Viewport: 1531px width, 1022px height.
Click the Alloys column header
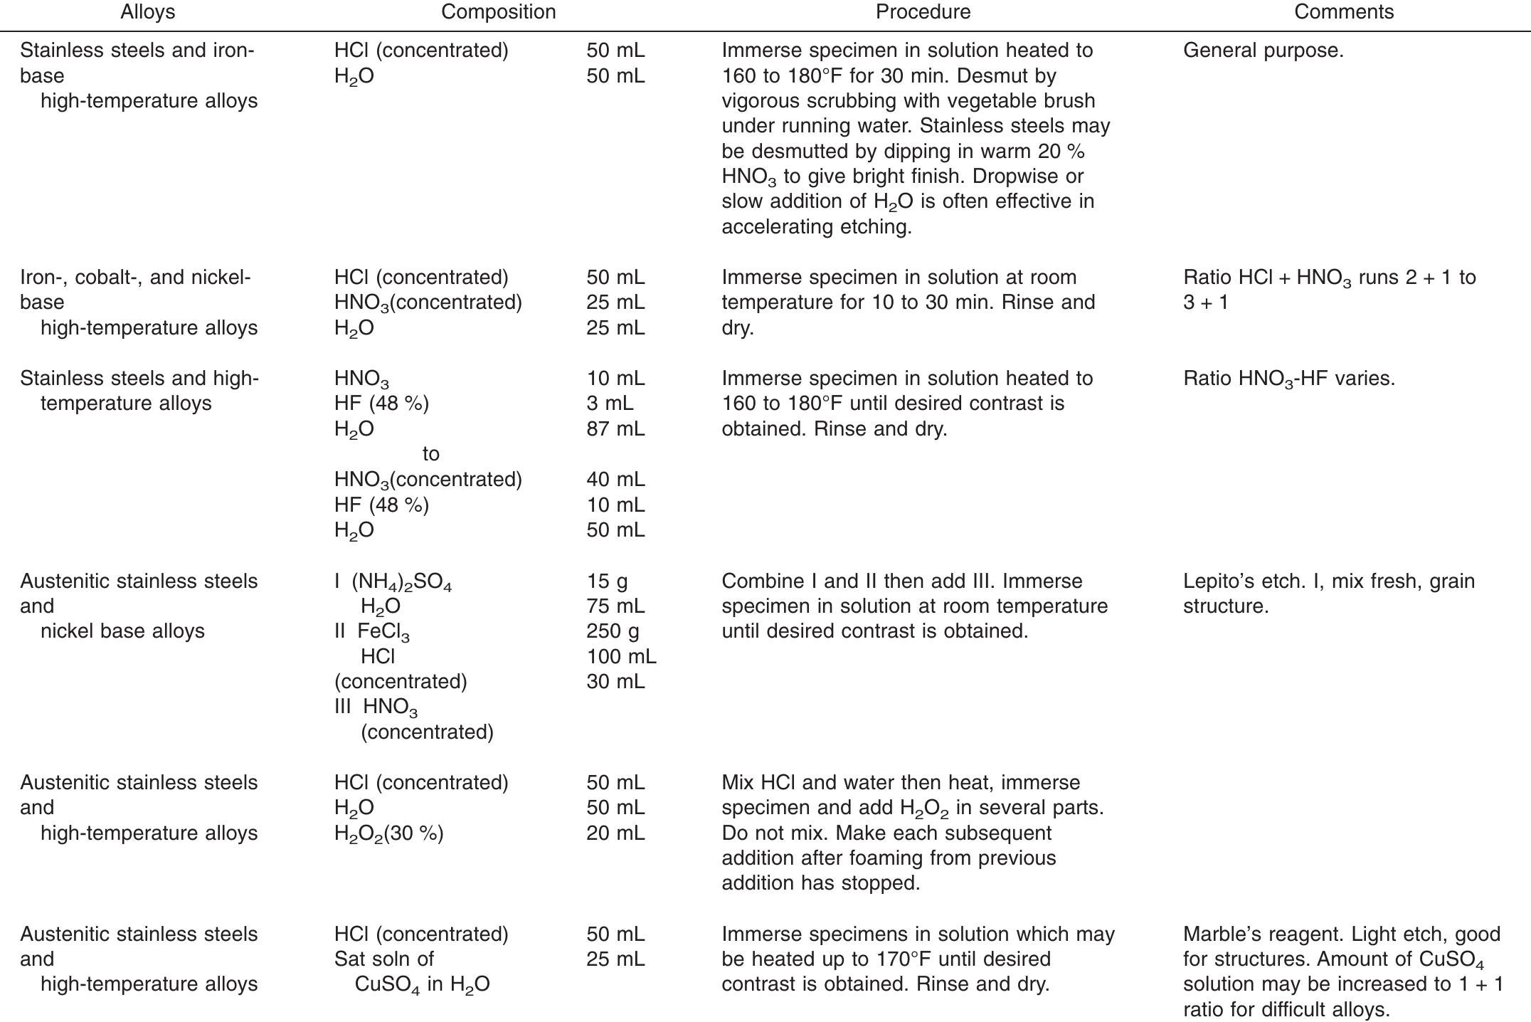pos(147,12)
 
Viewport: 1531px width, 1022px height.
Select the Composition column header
pos(498,12)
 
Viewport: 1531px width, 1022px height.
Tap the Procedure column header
pos(923,12)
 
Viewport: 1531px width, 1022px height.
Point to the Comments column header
pos(1343,12)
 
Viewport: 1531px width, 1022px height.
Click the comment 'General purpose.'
pos(1263,51)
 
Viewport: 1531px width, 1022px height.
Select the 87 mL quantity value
pos(615,428)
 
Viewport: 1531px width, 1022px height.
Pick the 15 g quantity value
pos(607,581)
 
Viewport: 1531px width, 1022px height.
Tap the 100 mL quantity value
pos(621,656)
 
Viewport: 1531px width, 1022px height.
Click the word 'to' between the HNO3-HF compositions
pos(430,454)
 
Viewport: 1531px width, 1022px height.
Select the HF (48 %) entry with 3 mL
pos(381,404)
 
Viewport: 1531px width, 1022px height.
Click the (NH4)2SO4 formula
pos(401,582)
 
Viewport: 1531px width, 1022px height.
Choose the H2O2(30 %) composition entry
pos(388,833)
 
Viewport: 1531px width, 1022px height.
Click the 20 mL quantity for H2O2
pos(615,833)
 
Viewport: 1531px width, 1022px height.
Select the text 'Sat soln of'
pos(384,959)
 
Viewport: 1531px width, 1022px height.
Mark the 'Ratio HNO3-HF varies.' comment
pos(1288,379)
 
